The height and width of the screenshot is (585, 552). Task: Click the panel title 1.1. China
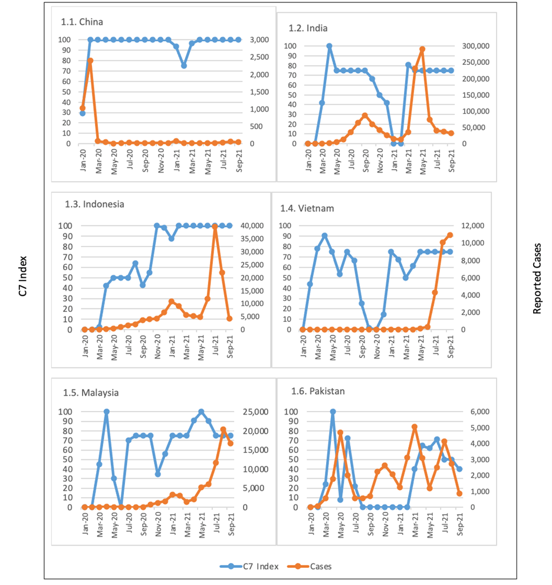click(x=82, y=22)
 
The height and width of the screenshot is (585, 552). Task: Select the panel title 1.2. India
click(x=308, y=28)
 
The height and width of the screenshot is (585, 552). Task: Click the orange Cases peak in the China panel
click(x=90, y=61)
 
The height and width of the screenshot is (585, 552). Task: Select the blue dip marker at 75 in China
click(x=184, y=65)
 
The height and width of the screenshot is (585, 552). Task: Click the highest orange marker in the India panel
click(x=422, y=50)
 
